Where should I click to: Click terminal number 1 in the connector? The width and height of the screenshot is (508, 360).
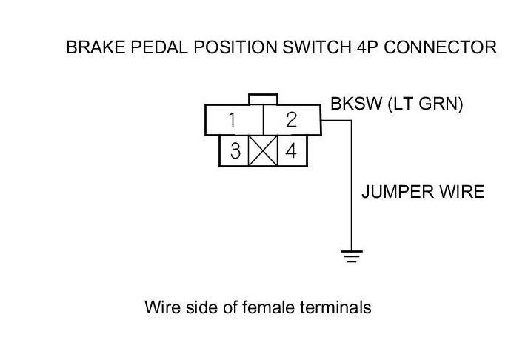click(x=233, y=120)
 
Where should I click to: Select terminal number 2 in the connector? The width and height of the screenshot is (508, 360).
click(x=291, y=120)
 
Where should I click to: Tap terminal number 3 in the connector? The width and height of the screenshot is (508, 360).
click(x=235, y=151)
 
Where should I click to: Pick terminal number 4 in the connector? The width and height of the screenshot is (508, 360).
click(x=291, y=151)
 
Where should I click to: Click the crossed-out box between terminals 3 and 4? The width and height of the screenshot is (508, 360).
click(x=262, y=151)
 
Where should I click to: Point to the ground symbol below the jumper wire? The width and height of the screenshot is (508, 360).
click(x=350, y=257)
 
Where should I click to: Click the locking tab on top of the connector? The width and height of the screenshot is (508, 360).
click(x=263, y=99)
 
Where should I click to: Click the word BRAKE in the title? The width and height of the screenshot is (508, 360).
click(x=90, y=48)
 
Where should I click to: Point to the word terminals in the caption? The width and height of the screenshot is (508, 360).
click(x=334, y=307)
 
